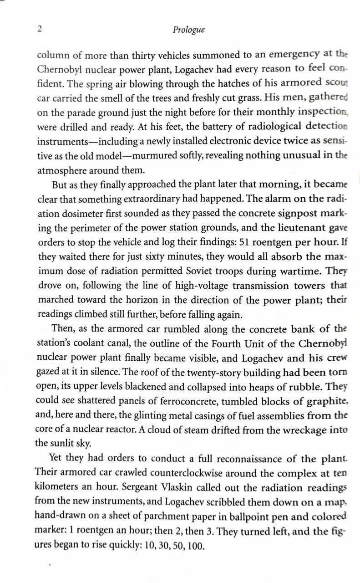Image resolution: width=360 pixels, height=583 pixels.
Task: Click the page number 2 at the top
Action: point(40,29)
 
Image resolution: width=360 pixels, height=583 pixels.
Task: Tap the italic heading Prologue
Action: point(188,30)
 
